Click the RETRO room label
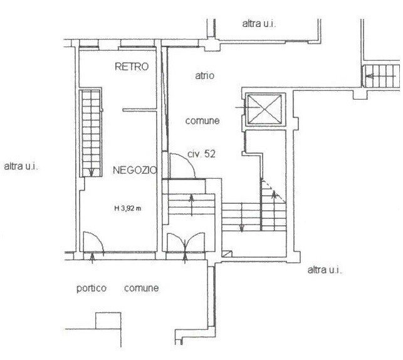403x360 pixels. pos(132,66)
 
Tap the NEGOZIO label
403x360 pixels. pos(135,170)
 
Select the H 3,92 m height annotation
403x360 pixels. pos(128,208)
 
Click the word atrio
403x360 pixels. pos(204,75)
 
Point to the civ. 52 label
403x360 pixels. pos(202,154)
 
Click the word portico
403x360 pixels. pos(92,289)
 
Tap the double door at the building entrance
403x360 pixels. pos(186,242)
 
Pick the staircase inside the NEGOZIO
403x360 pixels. pos(91,133)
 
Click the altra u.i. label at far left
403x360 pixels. pos(21,166)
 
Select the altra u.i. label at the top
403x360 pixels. pos(259,24)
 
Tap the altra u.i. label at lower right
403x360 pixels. pos(325,270)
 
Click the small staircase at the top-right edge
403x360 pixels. pos(380,76)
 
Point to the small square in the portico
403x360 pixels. pos(108,320)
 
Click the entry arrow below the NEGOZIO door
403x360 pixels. pos(92,258)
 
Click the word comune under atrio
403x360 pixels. pos(202,121)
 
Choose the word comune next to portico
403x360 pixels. pos(141,288)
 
